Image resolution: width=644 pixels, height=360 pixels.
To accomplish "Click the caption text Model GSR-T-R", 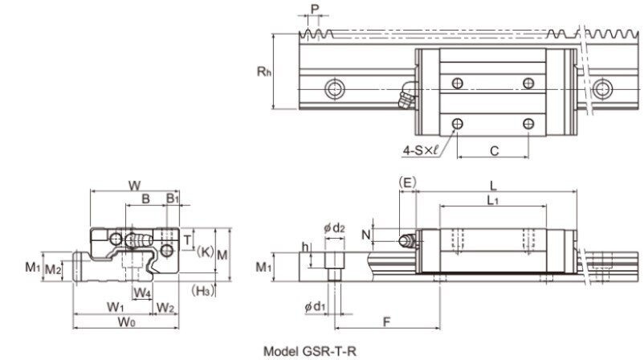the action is tap(310, 351).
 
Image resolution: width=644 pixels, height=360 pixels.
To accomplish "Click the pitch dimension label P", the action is tap(315, 9).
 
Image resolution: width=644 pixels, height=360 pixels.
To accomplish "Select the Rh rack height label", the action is tap(264, 72).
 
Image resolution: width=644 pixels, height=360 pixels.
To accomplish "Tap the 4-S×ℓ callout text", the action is tap(420, 151).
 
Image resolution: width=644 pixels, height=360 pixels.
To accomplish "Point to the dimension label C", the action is tap(495, 151).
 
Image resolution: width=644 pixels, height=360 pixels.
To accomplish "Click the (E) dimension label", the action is tap(407, 182).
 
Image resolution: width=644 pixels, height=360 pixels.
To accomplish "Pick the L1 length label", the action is tap(492, 201).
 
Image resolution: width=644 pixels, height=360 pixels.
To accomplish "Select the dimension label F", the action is tap(386, 321).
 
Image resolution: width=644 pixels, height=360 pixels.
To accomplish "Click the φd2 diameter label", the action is tap(334, 227).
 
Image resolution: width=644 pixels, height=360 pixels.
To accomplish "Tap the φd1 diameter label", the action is tap(315, 306).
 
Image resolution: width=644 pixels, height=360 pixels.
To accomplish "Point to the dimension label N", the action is tap(366, 235).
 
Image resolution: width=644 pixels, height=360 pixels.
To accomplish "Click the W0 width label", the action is tap(127, 321).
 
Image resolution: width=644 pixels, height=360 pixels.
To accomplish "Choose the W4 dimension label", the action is tap(142, 293).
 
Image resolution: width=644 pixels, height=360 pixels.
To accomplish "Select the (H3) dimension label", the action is tap(203, 291).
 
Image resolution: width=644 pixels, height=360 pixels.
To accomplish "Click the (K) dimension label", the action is tap(205, 252).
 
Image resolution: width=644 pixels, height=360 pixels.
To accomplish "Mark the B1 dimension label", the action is tap(173, 198).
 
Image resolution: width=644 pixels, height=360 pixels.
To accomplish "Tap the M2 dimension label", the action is tap(53, 269).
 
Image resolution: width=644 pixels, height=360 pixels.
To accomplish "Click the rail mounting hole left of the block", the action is tap(335, 89).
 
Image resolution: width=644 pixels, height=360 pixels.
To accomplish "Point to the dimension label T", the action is tap(187, 239).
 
